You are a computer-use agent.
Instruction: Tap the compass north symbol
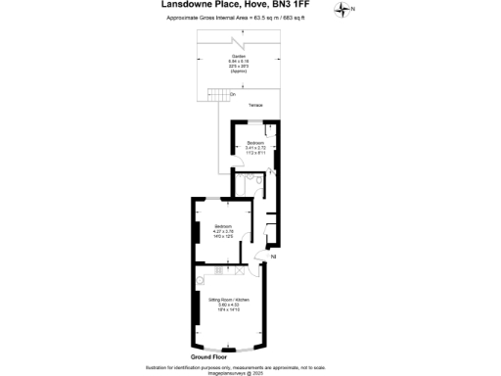342,10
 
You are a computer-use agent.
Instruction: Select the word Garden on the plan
239,57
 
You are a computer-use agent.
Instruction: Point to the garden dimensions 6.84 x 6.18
239,62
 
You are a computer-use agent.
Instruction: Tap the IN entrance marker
273,256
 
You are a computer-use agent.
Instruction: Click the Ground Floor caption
223,357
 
